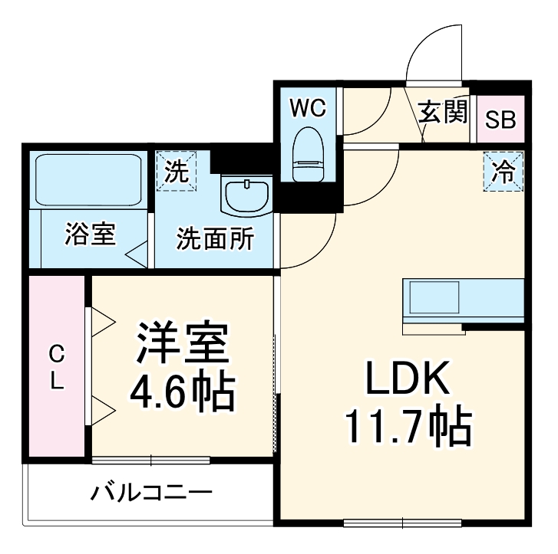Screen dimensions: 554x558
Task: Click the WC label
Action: point(308,108)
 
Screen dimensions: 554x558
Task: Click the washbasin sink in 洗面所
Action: point(246,195)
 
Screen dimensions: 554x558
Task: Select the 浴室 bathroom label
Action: point(90,235)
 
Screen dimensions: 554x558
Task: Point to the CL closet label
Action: point(57,367)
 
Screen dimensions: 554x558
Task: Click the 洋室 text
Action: point(183,345)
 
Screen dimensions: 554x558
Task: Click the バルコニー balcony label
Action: point(151,491)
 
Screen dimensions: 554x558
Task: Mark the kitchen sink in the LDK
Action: point(434,296)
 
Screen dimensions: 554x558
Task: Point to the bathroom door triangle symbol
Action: point(137,253)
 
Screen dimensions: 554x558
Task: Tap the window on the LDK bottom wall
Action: point(401,524)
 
